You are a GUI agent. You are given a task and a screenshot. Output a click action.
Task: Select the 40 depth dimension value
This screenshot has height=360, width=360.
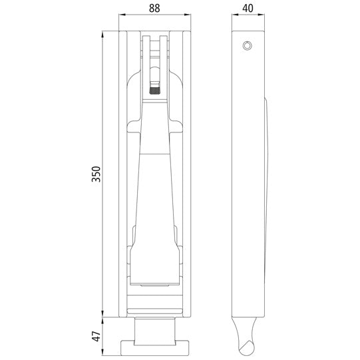pyautogui.click(x=248, y=9)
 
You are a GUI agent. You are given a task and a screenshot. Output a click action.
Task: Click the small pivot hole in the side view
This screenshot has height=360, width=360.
pyautogui.click(x=248, y=45)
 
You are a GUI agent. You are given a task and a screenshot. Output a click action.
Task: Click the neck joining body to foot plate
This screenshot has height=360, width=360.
pyautogui.click(x=157, y=329)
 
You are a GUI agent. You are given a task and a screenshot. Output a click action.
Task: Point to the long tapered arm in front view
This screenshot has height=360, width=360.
pyautogui.click(x=157, y=186)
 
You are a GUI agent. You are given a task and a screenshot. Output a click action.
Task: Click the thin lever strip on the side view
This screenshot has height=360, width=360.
pyautogui.click(x=266, y=200)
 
